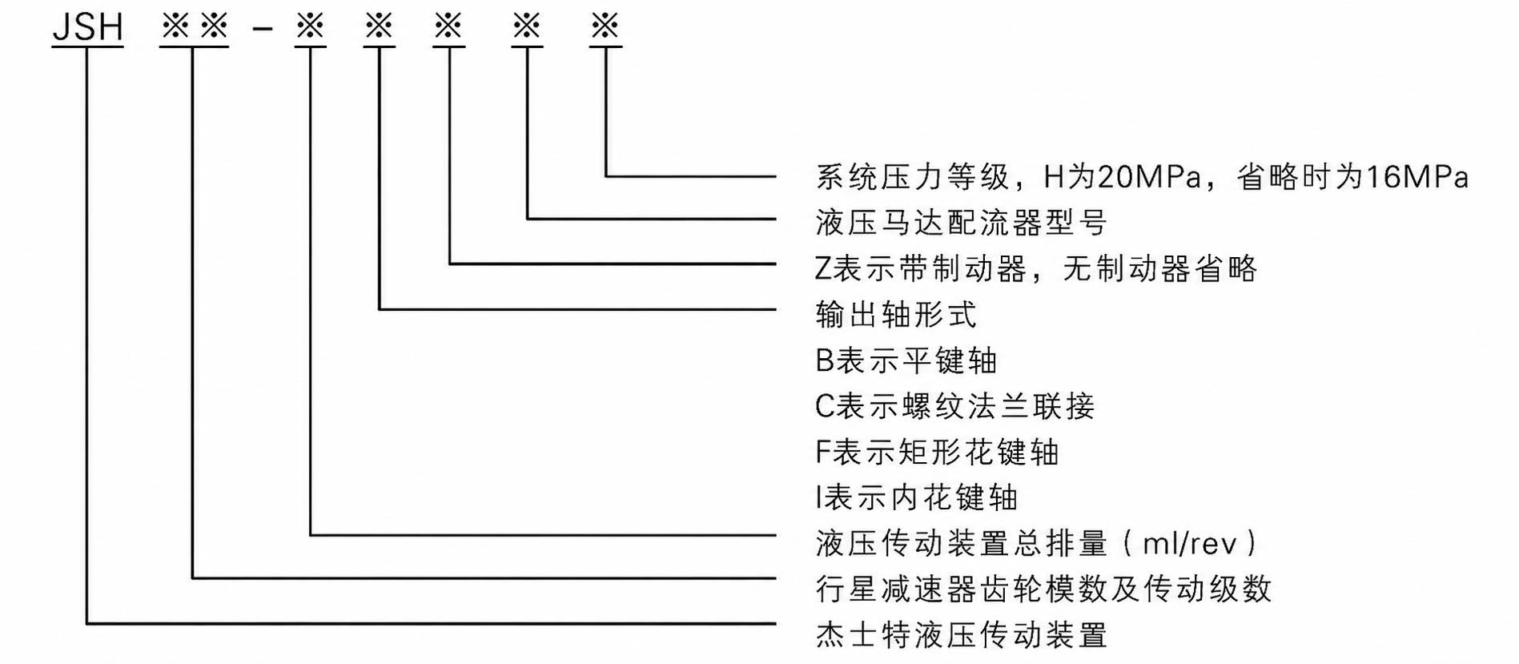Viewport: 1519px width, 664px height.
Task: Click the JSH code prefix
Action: click(87, 27)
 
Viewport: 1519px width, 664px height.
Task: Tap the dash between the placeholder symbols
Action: click(263, 29)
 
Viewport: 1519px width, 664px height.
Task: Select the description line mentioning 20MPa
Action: click(1142, 177)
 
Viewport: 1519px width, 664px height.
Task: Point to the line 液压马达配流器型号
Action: click(961, 222)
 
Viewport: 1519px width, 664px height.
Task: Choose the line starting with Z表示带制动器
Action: click(1036, 268)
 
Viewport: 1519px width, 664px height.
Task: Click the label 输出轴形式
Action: click(896, 314)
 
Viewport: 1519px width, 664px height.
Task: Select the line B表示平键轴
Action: click(906, 360)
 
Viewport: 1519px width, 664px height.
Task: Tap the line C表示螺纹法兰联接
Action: click(954, 406)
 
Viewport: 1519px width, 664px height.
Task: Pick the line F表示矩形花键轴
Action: click(937, 452)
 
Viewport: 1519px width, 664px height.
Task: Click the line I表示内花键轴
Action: click(916, 497)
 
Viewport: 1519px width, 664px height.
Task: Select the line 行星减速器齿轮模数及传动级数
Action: click(1043, 590)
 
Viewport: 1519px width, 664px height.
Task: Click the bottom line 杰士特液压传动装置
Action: click(961, 635)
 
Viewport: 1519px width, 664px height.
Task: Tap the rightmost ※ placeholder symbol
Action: click(605, 26)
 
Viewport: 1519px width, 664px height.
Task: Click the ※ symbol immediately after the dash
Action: click(310, 26)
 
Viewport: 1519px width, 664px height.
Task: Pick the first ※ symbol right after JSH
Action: click(175, 26)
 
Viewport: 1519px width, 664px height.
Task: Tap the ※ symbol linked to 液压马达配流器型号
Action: click(527, 26)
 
